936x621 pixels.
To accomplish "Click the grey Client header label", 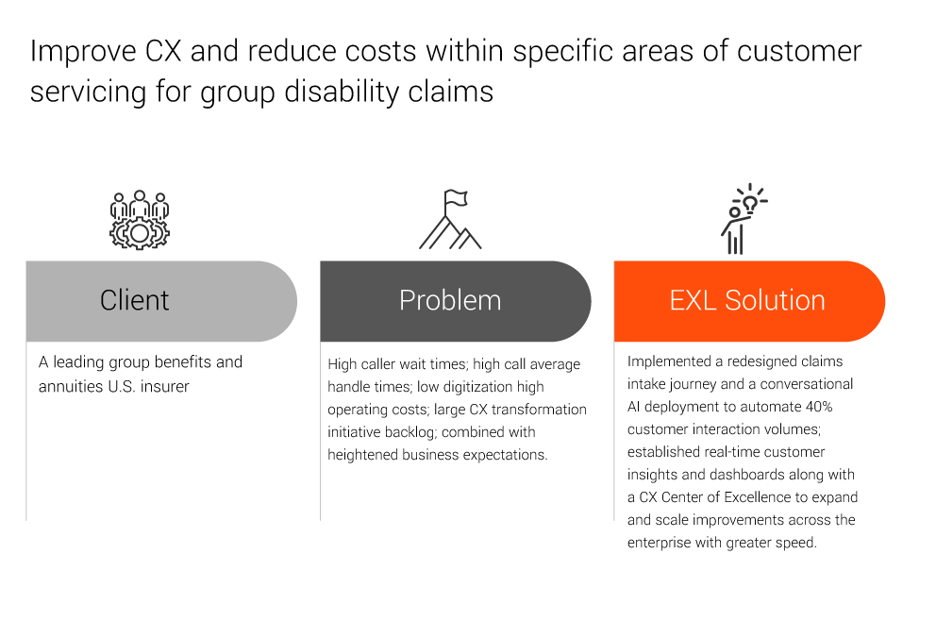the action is (x=134, y=300).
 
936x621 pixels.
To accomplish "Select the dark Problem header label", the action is (x=450, y=300).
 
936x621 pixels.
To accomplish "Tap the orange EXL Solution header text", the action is (x=747, y=300).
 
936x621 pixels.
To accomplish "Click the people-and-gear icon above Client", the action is (x=140, y=220).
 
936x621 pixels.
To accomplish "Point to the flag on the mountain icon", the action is (x=456, y=198).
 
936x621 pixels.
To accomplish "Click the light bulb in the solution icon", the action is (x=750, y=204).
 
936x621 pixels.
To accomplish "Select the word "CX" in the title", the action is (x=163, y=51).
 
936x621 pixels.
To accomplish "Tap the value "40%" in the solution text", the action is (x=819, y=407).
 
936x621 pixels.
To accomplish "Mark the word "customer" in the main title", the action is (x=799, y=51).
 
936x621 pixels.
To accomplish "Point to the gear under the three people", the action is (x=140, y=233).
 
